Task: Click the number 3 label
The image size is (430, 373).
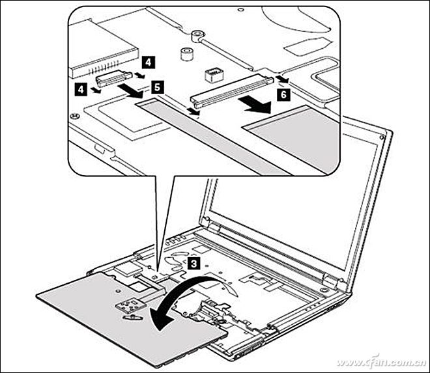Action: pyautogui.click(x=193, y=264)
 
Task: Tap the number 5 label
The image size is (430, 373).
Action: pyautogui.click(x=157, y=87)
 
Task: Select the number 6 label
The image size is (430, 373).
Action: pyautogui.click(x=284, y=94)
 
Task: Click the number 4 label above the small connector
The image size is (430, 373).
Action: pyautogui.click(x=148, y=62)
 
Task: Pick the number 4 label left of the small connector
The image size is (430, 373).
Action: pyautogui.click(x=81, y=89)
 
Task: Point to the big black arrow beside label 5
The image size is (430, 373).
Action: pyautogui.click(x=131, y=91)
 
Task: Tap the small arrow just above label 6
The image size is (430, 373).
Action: pyautogui.click(x=282, y=79)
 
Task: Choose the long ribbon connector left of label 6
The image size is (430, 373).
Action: pyautogui.click(x=232, y=90)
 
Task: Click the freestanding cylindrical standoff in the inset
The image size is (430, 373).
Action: pyautogui.click(x=187, y=54)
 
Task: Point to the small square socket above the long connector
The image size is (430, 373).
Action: pyautogui.click(x=214, y=75)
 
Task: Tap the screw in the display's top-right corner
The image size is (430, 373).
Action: pyautogui.click(x=381, y=137)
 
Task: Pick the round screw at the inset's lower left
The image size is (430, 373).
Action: pyautogui.click(x=74, y=117)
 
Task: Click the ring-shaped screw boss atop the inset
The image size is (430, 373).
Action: pyautogui.click(x=198, y=36)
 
